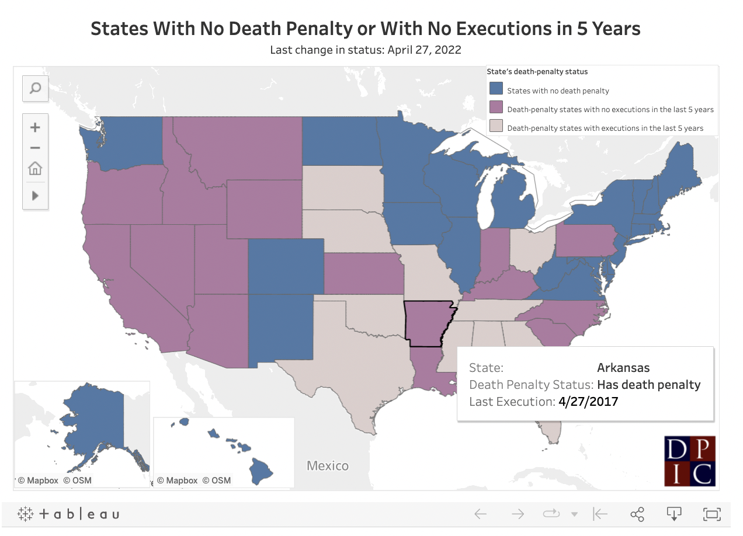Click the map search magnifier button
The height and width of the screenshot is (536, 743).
pos(35,88)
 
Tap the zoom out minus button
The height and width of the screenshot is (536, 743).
pos(35,148)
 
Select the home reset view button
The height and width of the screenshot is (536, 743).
pos(35,169)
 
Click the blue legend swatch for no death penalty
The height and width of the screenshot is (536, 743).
pos(496,90)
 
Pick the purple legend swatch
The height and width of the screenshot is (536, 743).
pos(496,109)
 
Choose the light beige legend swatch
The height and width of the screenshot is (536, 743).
pos(496,127)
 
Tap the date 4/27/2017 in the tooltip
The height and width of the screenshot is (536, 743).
pos(588,402)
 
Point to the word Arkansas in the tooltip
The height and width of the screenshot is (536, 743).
pos(623,368)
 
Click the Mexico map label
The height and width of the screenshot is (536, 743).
pos(328,466)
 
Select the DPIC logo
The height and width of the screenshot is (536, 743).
pos(689,461)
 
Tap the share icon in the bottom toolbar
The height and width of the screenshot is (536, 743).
pos(637,514)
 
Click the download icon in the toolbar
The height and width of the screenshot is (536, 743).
pos(674,514)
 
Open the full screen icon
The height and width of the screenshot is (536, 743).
pos(711,514)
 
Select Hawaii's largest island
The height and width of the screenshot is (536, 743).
pos(262,469)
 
